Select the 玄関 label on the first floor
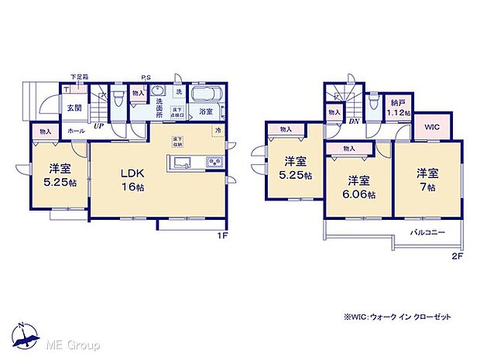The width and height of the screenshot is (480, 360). point(74,108)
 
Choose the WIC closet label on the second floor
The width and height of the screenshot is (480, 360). point(430,125)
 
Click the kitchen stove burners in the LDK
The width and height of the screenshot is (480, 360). point(212,163)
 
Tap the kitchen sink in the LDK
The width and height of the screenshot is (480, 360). point(181,163)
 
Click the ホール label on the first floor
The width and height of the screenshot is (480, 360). point(76,132)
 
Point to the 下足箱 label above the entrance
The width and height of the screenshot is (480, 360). point(79,77)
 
